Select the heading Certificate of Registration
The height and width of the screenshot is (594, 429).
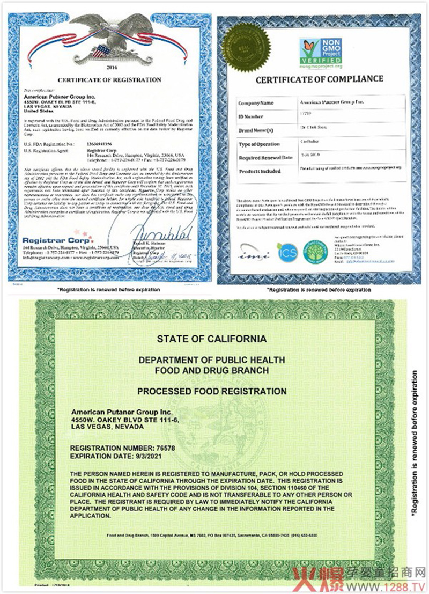109,80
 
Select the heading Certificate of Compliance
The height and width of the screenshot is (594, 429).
319,79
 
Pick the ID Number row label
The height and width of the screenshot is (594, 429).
252,116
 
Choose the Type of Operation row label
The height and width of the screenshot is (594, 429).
259,144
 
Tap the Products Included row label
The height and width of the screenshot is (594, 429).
260,172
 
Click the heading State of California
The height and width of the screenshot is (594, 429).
211,339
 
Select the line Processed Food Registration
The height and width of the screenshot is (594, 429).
211,391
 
